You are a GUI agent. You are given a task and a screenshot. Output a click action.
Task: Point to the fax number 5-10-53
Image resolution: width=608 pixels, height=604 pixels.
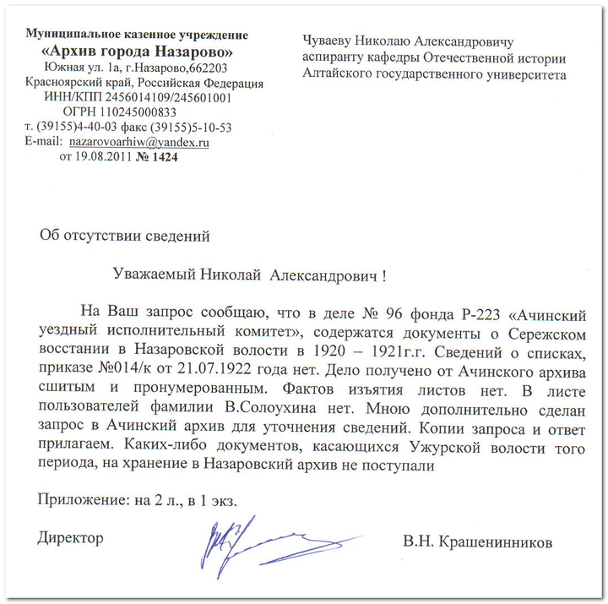click(208, 128)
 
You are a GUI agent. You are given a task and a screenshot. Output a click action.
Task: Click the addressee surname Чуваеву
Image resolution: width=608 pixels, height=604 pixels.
click(331, 40)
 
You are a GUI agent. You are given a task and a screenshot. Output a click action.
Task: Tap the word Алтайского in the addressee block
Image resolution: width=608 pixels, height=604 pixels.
click(341, 74)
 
